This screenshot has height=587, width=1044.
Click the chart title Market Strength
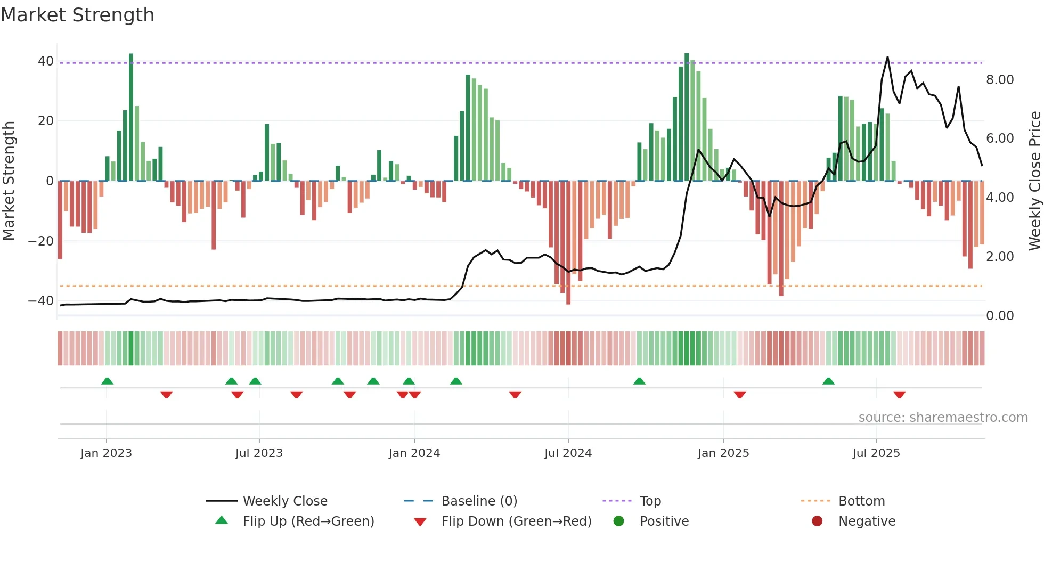pos(77,15)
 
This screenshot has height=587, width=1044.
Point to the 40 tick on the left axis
pos(46,61)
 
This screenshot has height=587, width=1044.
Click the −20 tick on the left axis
pos(41,241)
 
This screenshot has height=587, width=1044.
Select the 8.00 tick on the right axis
pos(1000,80)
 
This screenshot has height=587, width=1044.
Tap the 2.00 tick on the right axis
pos(1000,257)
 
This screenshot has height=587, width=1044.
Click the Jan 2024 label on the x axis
pos(414,453)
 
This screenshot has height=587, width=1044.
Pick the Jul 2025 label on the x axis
pos(876,453)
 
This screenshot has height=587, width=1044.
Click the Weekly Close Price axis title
pos(1034,181)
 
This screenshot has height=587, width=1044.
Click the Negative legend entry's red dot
pos(817,521)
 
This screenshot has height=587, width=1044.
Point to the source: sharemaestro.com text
pos(943,418)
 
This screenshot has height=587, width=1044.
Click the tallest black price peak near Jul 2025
pos(887,58)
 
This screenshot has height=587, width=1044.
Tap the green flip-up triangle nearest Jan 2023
pos(107,381)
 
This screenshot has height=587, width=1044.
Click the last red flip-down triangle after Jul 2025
pos(900,395)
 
